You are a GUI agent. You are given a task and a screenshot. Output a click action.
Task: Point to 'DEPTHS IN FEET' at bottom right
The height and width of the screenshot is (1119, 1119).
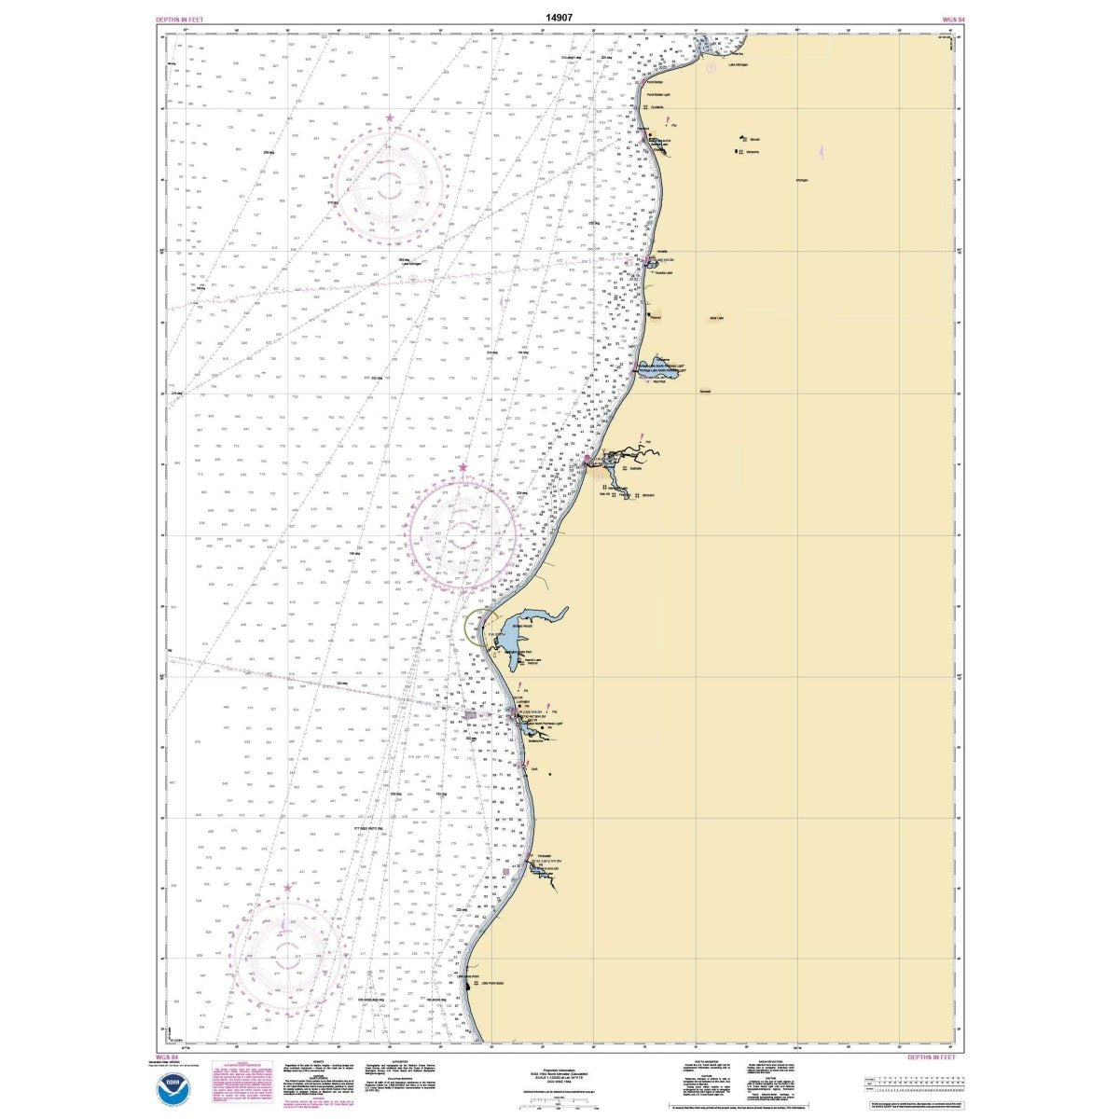(x=935, y=1057)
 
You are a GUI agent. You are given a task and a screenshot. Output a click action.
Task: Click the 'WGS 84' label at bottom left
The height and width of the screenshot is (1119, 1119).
(x=170, y=1057)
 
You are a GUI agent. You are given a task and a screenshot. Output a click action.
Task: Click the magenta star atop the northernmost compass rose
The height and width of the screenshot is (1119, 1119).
(x=390, y=117)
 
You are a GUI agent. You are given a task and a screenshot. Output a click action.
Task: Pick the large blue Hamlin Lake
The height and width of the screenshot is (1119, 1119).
(x=524, y=623)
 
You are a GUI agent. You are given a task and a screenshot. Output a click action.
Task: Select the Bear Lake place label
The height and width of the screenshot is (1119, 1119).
(x=716, y=317)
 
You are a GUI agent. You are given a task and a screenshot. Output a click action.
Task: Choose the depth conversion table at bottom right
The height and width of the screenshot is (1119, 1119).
(x=908, y=1084)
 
